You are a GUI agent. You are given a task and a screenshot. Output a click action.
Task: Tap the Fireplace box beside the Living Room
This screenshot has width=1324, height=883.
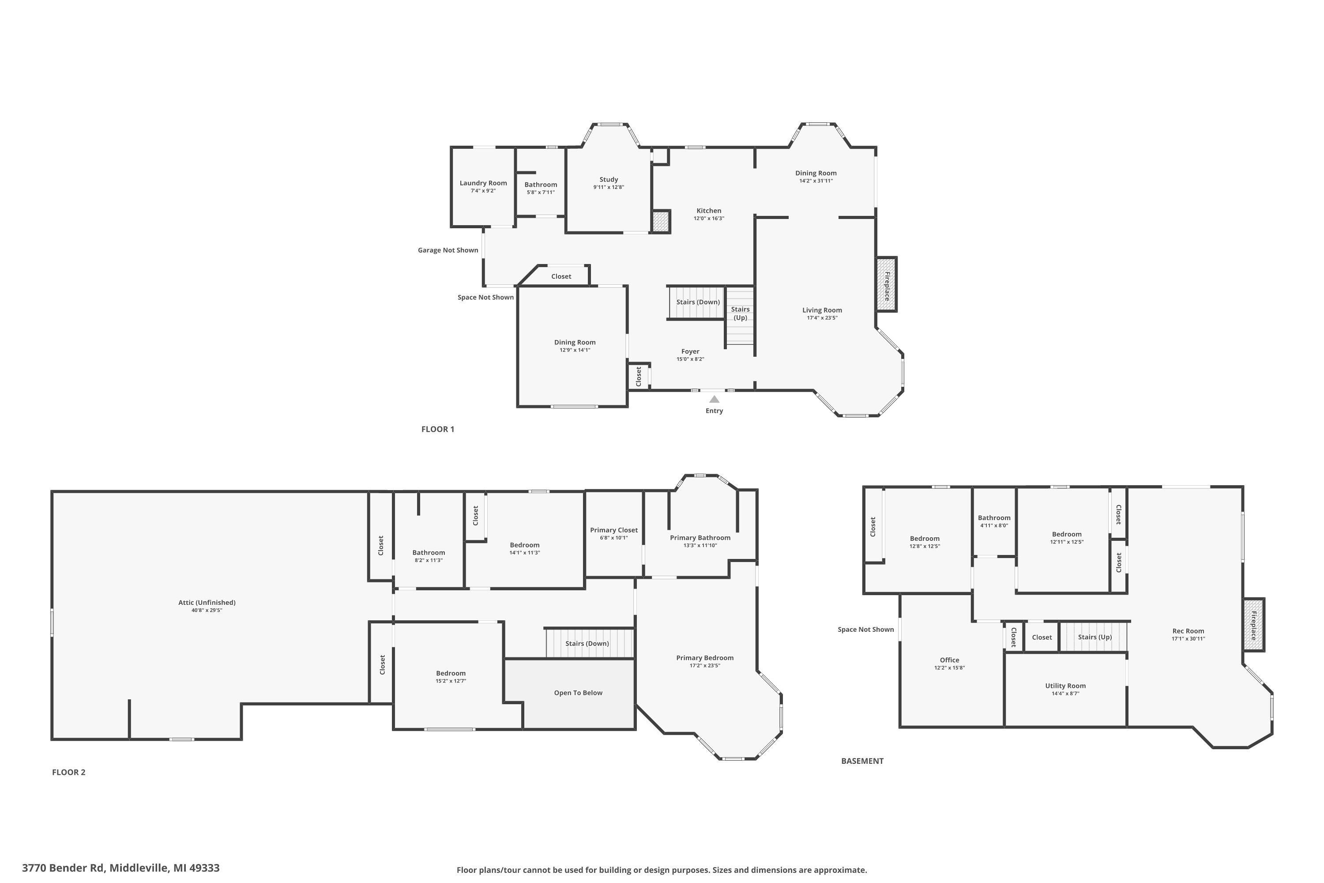pos(886,284)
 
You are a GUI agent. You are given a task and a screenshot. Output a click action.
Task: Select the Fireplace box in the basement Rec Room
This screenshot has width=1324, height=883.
pos(1254,625)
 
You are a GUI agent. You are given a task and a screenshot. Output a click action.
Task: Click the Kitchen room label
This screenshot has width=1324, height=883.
pos(708,211)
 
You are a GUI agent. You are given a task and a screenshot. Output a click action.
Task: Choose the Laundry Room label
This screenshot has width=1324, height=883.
pos(483,183)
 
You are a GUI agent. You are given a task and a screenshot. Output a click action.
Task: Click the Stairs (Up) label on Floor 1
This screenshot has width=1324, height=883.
pos(740,313)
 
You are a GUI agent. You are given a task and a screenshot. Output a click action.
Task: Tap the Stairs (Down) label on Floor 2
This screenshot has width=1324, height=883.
pos(587,643)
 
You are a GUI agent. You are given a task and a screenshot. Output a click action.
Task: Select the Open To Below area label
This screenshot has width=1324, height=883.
pos(578,693)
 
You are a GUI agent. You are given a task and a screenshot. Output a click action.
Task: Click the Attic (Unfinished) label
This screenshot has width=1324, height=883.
pos(207,603)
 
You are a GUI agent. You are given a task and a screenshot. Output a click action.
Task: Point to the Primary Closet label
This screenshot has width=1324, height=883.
pos(613,530)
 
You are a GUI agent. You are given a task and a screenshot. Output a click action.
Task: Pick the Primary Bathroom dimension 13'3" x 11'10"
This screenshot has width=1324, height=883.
pos(700,546)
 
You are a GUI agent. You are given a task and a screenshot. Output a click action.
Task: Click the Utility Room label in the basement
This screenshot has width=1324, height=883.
pos(1065,686)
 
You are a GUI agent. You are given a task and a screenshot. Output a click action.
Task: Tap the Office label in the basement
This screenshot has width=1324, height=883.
pos(949,660)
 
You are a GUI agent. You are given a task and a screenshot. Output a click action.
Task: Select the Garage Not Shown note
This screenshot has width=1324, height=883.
pos(448,250)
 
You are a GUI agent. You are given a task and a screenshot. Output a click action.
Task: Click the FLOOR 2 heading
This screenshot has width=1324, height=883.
pos(69,772)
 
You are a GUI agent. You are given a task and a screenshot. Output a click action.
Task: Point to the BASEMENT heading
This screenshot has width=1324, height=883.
pos(862,761)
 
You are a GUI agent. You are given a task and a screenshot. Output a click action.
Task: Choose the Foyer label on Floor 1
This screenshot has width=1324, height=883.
pos(690,351)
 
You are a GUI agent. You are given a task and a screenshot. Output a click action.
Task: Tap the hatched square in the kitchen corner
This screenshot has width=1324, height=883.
pos(661,222)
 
